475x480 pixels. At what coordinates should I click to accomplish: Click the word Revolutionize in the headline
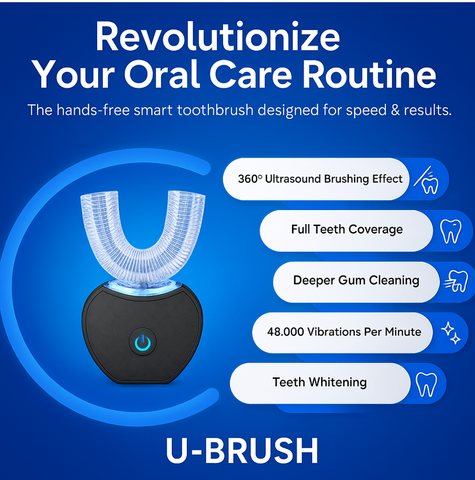click(218, 36)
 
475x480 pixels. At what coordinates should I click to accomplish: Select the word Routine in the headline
click(369, 74)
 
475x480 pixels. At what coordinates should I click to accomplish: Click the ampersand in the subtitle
click(395, 110)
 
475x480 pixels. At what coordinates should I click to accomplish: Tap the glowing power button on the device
click(142, 342)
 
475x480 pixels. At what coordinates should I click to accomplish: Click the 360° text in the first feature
click(250, 179)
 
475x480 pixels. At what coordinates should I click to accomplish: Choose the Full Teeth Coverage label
click(347, 229)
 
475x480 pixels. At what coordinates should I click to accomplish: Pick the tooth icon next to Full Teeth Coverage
click(451, 232)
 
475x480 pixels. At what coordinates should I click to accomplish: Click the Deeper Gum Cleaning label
click(356, 281)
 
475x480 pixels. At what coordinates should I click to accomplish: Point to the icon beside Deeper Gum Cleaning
click(456, 281)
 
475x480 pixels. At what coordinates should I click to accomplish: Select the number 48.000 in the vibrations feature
click(285, 332)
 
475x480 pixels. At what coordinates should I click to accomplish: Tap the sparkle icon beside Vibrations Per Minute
click(450, 333)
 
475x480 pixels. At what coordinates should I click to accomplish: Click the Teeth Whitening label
click(320, 382)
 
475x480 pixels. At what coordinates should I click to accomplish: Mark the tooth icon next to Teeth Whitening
click(426, 385)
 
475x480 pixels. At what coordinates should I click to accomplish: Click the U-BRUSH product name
click(242, 450)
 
